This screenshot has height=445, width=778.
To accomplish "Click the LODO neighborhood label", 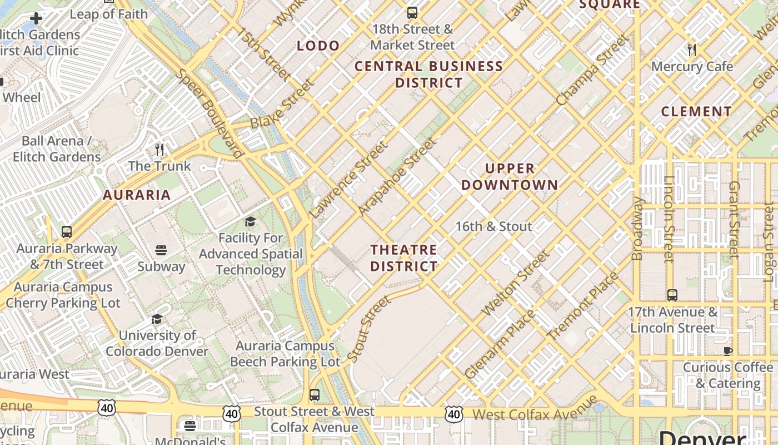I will point(318,46).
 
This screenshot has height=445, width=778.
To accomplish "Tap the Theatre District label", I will point(404,258).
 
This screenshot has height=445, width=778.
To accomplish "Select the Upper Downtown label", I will point(510,176).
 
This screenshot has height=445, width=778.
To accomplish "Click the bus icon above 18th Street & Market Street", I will point(412,12).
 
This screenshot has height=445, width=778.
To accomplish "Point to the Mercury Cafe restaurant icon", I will point(692,50).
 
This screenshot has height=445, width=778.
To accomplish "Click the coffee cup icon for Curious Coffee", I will point(728,350).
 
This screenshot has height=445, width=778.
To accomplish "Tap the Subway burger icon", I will point(161,250).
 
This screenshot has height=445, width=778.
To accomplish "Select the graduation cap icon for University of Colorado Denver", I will point(157,319).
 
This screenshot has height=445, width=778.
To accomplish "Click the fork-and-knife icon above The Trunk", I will point(159,149).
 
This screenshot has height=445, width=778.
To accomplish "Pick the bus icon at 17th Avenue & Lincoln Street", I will point(672,295).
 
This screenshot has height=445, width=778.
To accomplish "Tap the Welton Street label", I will point(515,284).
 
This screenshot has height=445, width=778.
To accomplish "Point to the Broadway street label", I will point(637,228).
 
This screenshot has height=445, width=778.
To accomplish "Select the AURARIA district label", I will point(137,195).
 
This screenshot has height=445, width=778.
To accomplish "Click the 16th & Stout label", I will point(493,226).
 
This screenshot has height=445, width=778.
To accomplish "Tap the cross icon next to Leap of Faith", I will point(36,18).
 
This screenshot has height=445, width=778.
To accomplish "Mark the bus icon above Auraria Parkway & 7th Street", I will point(67,231).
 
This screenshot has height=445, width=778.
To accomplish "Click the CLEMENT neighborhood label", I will point(696,111).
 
